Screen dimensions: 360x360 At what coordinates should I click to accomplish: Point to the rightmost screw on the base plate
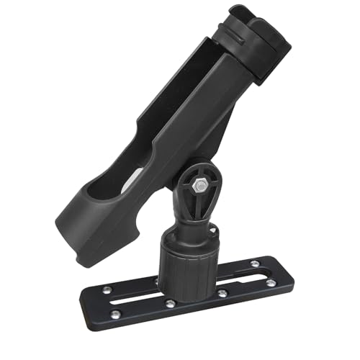coord(270,283)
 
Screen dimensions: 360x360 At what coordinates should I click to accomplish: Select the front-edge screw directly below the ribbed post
coord(222,294)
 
